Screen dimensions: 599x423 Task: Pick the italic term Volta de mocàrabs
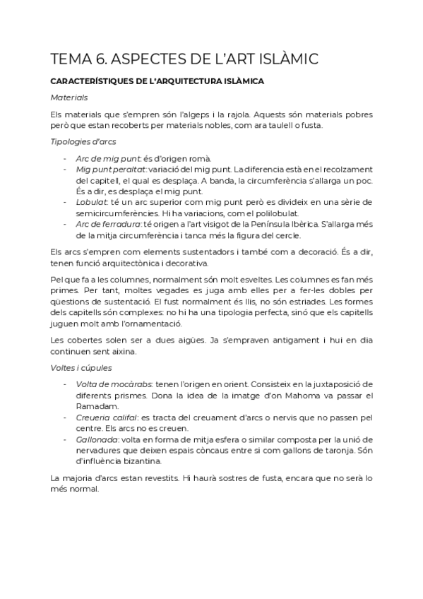[x=113, y=384]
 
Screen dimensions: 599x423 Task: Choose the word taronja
[x=339, y=450]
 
